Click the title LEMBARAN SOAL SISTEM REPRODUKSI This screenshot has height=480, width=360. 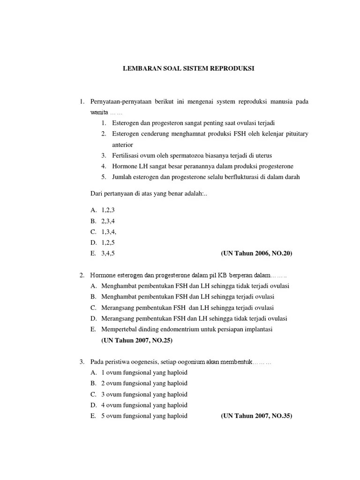click(x=188, y=68)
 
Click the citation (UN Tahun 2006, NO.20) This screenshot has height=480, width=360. click(x=256, y=254)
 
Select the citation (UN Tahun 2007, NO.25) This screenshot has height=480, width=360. click(x=137, y=341)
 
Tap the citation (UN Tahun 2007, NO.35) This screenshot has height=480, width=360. click(x=256, y=416)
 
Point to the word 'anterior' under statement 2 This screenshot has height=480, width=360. click(x=123, y=145)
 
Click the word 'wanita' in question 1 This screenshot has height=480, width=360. click(x=99, y=113)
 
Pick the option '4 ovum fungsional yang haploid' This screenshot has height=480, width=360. click(x=144, y=405)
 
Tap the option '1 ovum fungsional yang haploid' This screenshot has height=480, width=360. click(x=144, y=373)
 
